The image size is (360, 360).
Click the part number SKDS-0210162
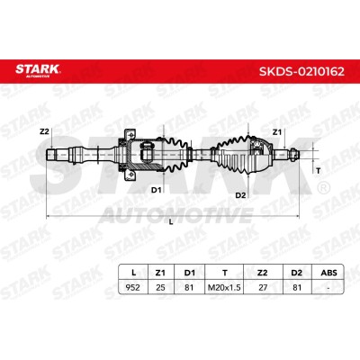click(x=301, y=72)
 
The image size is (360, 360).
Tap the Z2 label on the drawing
click(x=44, y=131)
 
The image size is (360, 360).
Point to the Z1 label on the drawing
click(x=277, y=132)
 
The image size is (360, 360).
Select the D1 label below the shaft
click(x=156, y=190)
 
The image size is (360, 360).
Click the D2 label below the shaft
click(x=240, y=195)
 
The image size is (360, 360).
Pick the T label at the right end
click(x=319, y=171)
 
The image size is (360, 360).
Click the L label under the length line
click(x=171, y=222)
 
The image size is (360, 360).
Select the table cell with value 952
click(x=133, y=287)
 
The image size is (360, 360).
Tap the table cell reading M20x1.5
click(x=224, y=287)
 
